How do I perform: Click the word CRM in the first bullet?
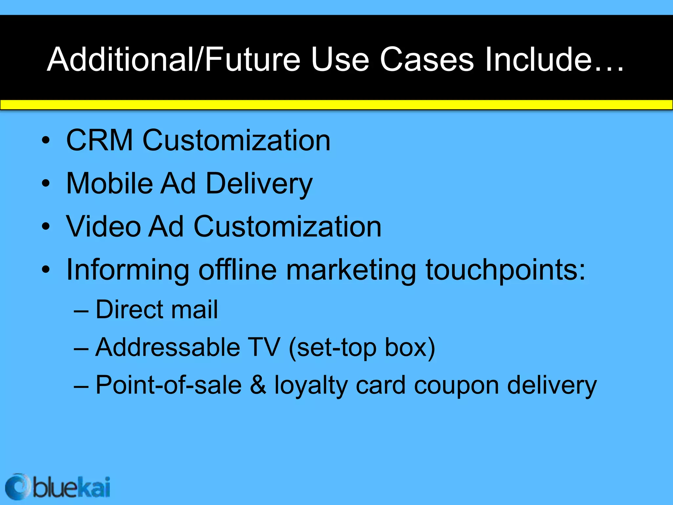coord(99,140)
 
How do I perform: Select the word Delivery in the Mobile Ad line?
coord(259,184)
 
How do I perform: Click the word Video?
coord(103,227)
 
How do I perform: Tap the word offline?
coord(238,270)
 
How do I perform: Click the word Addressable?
coord(168,348)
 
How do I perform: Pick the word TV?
coord(264,348)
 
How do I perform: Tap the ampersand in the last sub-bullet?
coord(258,385)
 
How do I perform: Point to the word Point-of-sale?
coord(168,385)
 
